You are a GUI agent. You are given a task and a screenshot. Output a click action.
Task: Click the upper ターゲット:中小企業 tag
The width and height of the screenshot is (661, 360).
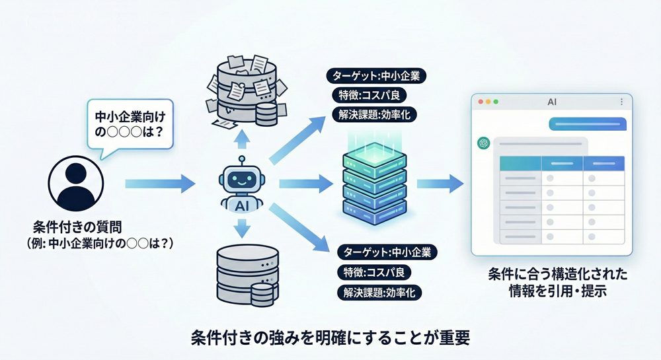tap(377, 76)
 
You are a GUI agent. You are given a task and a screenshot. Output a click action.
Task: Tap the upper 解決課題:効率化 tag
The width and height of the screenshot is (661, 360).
tap(374, 114)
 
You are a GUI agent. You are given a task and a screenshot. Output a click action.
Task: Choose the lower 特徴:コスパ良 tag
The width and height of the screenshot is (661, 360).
tap(373, 272)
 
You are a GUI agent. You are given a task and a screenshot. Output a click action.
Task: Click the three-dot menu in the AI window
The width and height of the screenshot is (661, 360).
tap(622, 102)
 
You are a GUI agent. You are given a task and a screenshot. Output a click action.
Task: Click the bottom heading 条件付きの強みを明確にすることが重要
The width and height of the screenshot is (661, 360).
tap(330, 337)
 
